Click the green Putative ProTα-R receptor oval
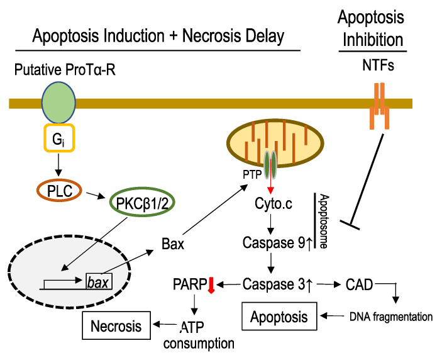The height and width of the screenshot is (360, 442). [x=58, y=103]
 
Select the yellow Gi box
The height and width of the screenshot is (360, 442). [x=59, y=138]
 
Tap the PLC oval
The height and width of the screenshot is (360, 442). [x=60, y=191]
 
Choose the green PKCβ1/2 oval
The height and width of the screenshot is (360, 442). [x=142, y=202]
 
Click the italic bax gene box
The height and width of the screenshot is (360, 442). [x=99, y=281]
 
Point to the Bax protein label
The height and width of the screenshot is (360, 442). [x=173, y=244]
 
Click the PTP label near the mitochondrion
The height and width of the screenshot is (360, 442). [x=252, y=174]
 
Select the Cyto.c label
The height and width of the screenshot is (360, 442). [x=273, y=203]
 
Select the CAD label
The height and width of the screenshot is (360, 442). [x=360, y=284]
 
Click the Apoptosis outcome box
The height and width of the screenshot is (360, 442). [x=279, y=317]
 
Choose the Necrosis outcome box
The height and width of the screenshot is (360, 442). [x=116, y=325]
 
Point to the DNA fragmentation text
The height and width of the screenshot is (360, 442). [x=391, y=317]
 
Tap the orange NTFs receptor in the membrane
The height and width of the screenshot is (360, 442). [x=379, y=106]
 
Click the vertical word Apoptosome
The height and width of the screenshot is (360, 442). [x=324, y=221]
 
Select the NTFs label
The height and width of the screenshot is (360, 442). [x=378, y=65]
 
